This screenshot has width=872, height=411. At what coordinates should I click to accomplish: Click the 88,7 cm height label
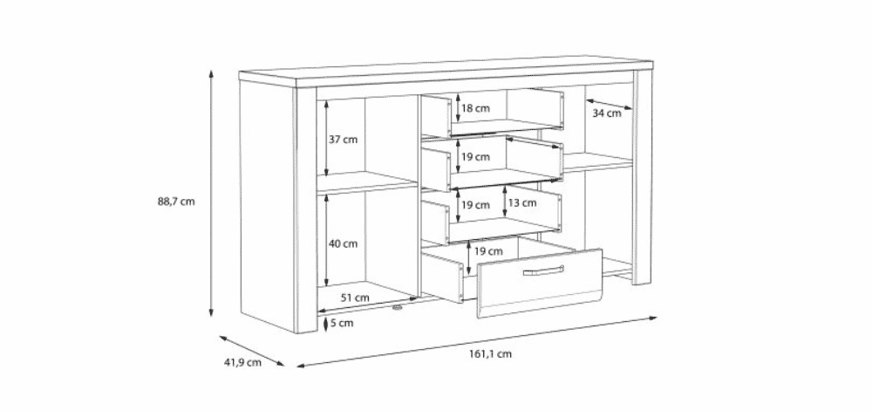(x=176, y=202)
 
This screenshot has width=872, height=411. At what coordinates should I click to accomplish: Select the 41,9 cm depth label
(x=242, y=363)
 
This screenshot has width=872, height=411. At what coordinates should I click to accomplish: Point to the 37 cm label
(x=343, y=140)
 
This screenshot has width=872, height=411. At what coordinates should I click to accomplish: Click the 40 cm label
(x=343, y=243)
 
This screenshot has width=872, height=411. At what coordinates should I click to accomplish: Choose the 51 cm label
(x=355, y=298)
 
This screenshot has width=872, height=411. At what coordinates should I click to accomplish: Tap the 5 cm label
(x=342, y=323)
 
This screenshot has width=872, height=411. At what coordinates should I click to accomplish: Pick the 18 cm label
(x=475, y=108)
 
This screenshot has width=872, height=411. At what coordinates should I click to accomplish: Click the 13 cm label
(x=522, y=203)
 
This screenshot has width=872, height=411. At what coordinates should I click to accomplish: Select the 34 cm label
(x=607, y=113)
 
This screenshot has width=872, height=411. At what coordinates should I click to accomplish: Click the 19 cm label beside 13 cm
(x=475, y=205)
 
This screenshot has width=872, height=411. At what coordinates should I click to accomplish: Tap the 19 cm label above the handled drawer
(x=488, y=251)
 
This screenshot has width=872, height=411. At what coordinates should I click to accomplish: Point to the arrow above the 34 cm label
(x=610, y=104)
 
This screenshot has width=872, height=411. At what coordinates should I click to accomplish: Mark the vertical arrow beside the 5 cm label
(x=326, y=323)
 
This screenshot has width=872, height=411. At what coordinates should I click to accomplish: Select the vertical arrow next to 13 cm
(x=504, y=202)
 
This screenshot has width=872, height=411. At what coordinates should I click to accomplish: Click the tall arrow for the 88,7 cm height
(x=211, y=193)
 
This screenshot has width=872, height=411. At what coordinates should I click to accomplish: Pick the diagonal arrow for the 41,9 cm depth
(x=252, y=351)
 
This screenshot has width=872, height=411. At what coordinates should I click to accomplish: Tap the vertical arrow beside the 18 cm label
(x=458, y=107)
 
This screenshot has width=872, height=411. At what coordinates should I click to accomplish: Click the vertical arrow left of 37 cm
(x=326, y=138)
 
